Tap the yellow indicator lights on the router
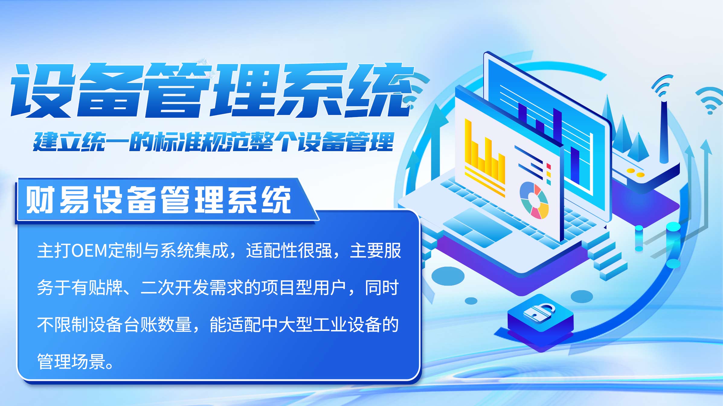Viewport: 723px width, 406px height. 635,173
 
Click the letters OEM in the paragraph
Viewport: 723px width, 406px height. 89,251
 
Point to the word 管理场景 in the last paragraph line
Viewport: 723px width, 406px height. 71,361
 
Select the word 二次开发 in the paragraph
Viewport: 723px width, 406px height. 175,287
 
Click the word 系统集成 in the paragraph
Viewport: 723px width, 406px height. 194,251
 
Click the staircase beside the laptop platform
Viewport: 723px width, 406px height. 607,256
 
